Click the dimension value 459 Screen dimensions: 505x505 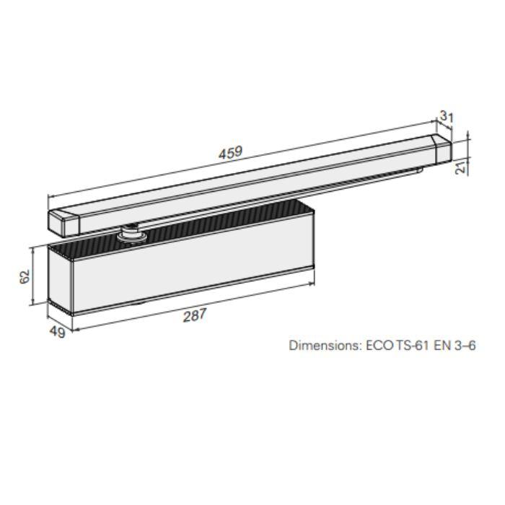pos(231,153)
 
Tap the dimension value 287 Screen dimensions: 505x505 pos(195,315)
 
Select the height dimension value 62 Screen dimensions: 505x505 pos(23,277)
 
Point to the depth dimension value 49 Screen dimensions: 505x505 pos(57,332)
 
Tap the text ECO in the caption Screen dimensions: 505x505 pos(379,345)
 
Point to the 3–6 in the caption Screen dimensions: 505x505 pos(465,345)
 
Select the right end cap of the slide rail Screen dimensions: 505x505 pos(440,150)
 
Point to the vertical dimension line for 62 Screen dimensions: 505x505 pos(32,277)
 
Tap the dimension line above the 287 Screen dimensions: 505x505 pos(195,305)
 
